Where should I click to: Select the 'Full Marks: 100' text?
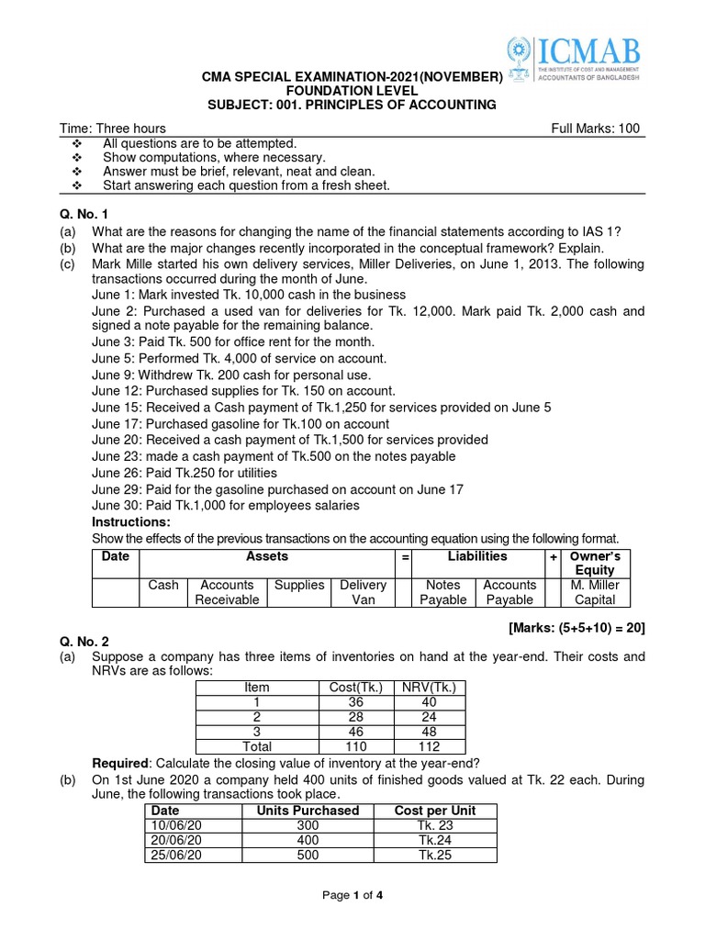[x=595, y=129]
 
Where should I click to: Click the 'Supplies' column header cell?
[x=298, y=585]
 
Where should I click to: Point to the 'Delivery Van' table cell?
[x=363, y=592]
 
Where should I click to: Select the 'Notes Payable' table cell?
[x=443, y=592]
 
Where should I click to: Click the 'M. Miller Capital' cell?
[x=595, y=592]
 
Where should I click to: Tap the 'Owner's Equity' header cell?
[x=595, y=563]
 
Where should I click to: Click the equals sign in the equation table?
[x=403, y=557]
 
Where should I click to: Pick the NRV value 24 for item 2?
[x=429, y=717]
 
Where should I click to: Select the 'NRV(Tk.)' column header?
[x=429, y=688]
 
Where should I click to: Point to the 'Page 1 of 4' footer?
[x=352, y=897]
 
